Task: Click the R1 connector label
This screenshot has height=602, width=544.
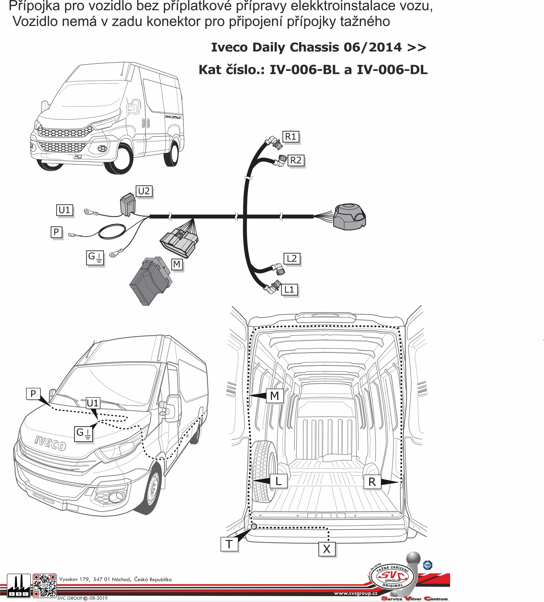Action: [x=290, y=137]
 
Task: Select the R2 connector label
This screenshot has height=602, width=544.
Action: [x=296, y=161]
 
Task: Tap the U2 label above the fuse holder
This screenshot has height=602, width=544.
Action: [x=144, y=191]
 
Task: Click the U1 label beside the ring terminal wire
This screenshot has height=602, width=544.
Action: [x=65, y=210]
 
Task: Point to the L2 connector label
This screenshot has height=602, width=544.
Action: [x=292, y=259]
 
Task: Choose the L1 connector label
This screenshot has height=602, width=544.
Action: [x=289, y=289]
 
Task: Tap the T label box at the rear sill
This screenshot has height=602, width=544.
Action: [x=229, y=544]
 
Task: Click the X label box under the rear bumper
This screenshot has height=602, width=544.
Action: [x=327, y=549]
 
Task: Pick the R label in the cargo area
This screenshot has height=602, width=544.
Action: [x=372, y=482]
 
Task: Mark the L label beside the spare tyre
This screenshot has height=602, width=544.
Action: [x=278, y=481]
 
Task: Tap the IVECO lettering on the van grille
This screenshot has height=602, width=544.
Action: [x=50, y=442]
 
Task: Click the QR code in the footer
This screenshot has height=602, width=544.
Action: [x=44, y=584]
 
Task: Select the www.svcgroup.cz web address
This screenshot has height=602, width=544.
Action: [x=355, y=593]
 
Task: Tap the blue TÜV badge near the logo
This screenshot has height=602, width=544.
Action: [x=427, y=565]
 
